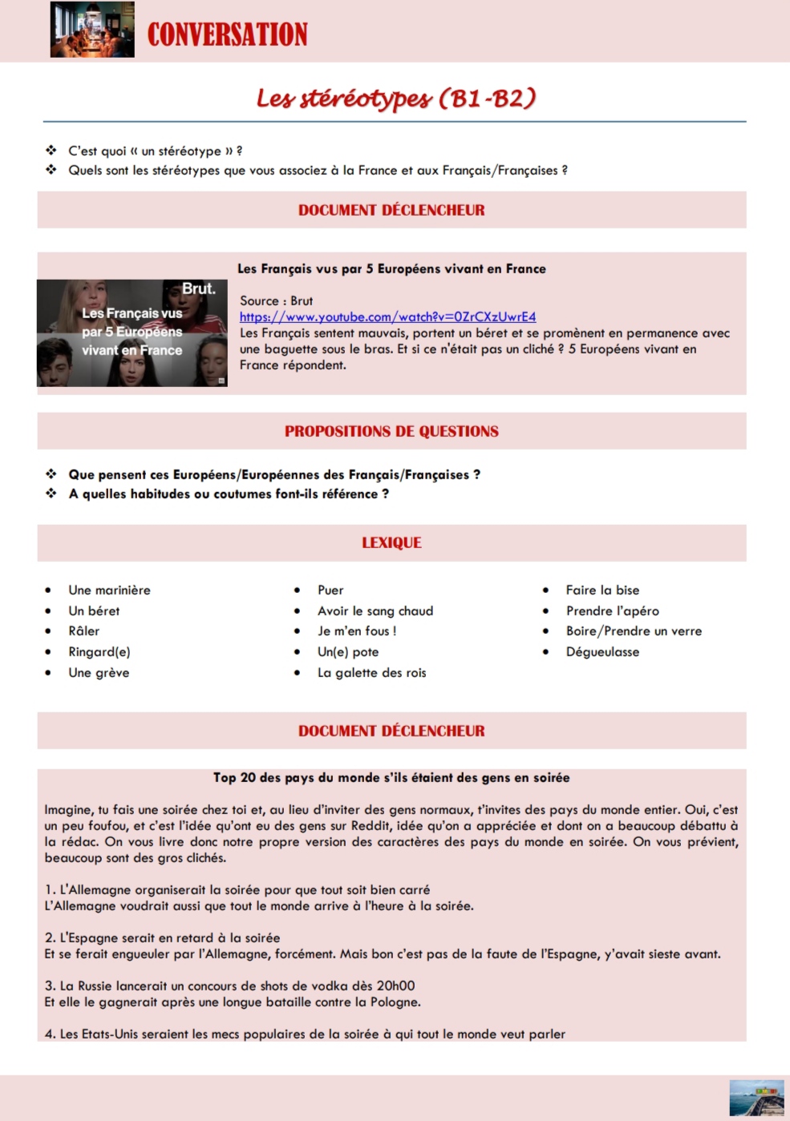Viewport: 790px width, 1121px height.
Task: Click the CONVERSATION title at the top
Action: (227, 34)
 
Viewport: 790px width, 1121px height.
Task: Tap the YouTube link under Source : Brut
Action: (387, 317)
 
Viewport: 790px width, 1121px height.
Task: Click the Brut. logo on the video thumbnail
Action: (198, 288)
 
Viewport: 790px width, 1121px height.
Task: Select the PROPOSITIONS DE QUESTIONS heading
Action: (391, 431)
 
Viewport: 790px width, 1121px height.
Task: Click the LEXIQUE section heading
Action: (391, 542)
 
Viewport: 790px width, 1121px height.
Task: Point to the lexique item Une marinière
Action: (109, 590)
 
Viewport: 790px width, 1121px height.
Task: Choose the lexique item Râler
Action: (84, 631)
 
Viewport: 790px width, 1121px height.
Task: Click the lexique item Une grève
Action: (99, 672)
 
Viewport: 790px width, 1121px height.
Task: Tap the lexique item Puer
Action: (330, 590)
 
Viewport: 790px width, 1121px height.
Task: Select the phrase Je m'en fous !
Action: (357, 631)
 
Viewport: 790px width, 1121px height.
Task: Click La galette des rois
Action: (371, 672)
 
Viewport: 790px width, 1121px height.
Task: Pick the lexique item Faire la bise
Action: (602, 590)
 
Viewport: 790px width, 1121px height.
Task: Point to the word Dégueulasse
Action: (602, 651)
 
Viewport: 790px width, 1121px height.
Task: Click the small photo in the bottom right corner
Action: (756, 1097)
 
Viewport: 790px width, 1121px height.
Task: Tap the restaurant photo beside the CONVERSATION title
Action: (92, 30)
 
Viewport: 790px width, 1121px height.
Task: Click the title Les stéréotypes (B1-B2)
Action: (395, 98)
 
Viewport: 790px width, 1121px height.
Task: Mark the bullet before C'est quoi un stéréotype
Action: (51, 150)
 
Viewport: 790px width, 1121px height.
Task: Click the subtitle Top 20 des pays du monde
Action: (391, 777)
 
